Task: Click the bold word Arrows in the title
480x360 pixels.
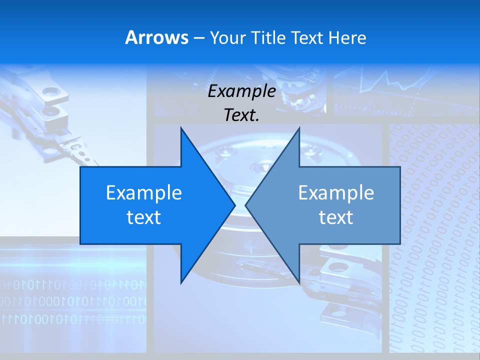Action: [x=156, y=37]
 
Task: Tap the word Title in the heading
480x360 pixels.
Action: [x=268, y=38]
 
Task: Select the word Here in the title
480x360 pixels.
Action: [x=347, y=38]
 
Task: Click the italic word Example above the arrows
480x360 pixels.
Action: [x=241, y=91]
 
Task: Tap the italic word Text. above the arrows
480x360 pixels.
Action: [x=241, y=115]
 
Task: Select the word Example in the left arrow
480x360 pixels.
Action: [x=144, y=193]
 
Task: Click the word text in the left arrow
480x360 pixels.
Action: [x=144, y=217]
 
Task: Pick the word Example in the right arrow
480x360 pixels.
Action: [x=336, y=193]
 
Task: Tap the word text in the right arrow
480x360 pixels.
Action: [x=336, y=217]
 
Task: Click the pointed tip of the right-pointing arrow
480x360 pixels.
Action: [x=235, y=205]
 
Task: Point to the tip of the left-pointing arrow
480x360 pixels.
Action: [x=245, y=205]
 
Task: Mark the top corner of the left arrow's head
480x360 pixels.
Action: [x=181, y=127]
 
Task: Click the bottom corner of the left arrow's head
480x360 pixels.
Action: [x=181, y=283]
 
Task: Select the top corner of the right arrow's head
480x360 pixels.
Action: [x=299, y=127]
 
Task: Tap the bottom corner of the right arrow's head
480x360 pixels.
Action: [x=299, y=283]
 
